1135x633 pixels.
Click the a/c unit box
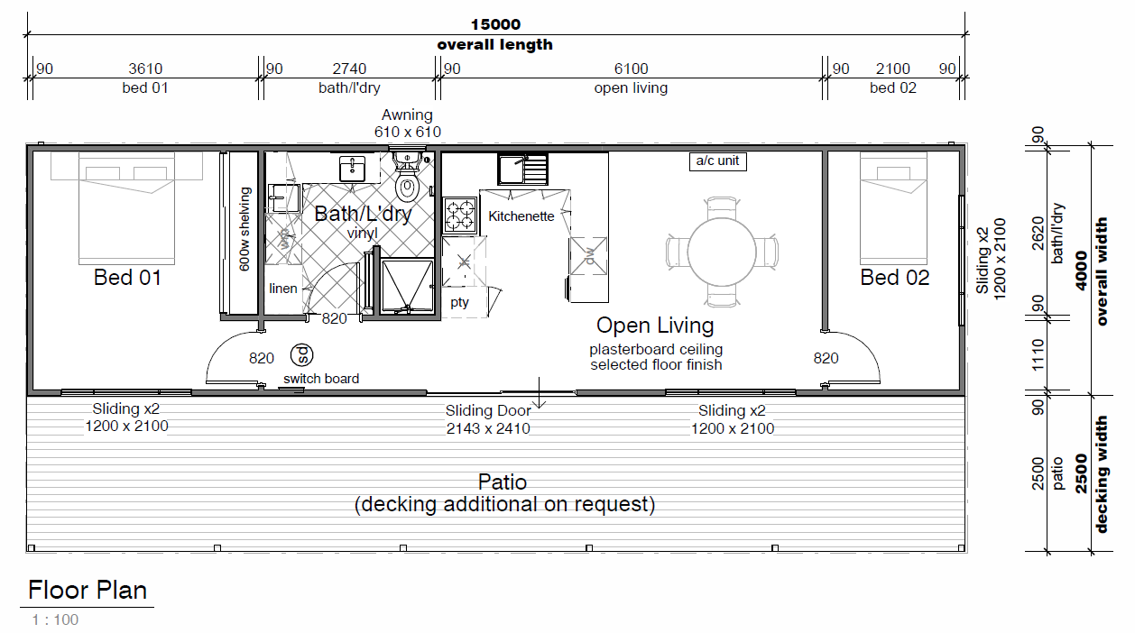[x=717, y=161]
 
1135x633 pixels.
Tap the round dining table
[x=722, y=252]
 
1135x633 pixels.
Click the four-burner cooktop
[x=460, y=216]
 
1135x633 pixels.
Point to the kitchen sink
[x=523, y=170]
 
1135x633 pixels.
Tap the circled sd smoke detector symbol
[x=302, y=355]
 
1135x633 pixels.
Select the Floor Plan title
[x=88, y=590]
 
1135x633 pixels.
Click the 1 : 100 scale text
[x=55, y=619]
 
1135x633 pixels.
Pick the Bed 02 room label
[x=895, y=278]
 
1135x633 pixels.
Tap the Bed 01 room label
[x=128, y=278]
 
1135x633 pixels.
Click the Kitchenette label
[x=521, y=216]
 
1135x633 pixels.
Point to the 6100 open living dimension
[x=631, y=69]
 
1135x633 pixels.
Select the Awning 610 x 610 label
[x=408, y=124]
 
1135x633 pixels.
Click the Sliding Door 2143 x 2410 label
[x=488, y=419]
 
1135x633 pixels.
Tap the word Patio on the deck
[x=503, y=482]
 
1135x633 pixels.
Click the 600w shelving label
[x=245, y=229]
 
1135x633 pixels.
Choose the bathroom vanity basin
[x=353, y=169]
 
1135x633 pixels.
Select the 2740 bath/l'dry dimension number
[x=349, y=69]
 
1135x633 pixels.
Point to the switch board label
[x=321, y=379]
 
